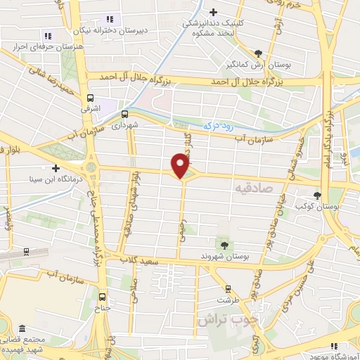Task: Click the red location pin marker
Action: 181,166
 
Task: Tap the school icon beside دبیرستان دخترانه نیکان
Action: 109,18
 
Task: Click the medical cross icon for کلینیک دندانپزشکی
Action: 214,11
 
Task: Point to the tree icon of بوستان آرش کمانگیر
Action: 259,53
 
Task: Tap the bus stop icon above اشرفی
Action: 90,98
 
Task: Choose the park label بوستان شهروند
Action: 224,256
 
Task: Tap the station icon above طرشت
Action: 227,288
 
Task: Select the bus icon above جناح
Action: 104,296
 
